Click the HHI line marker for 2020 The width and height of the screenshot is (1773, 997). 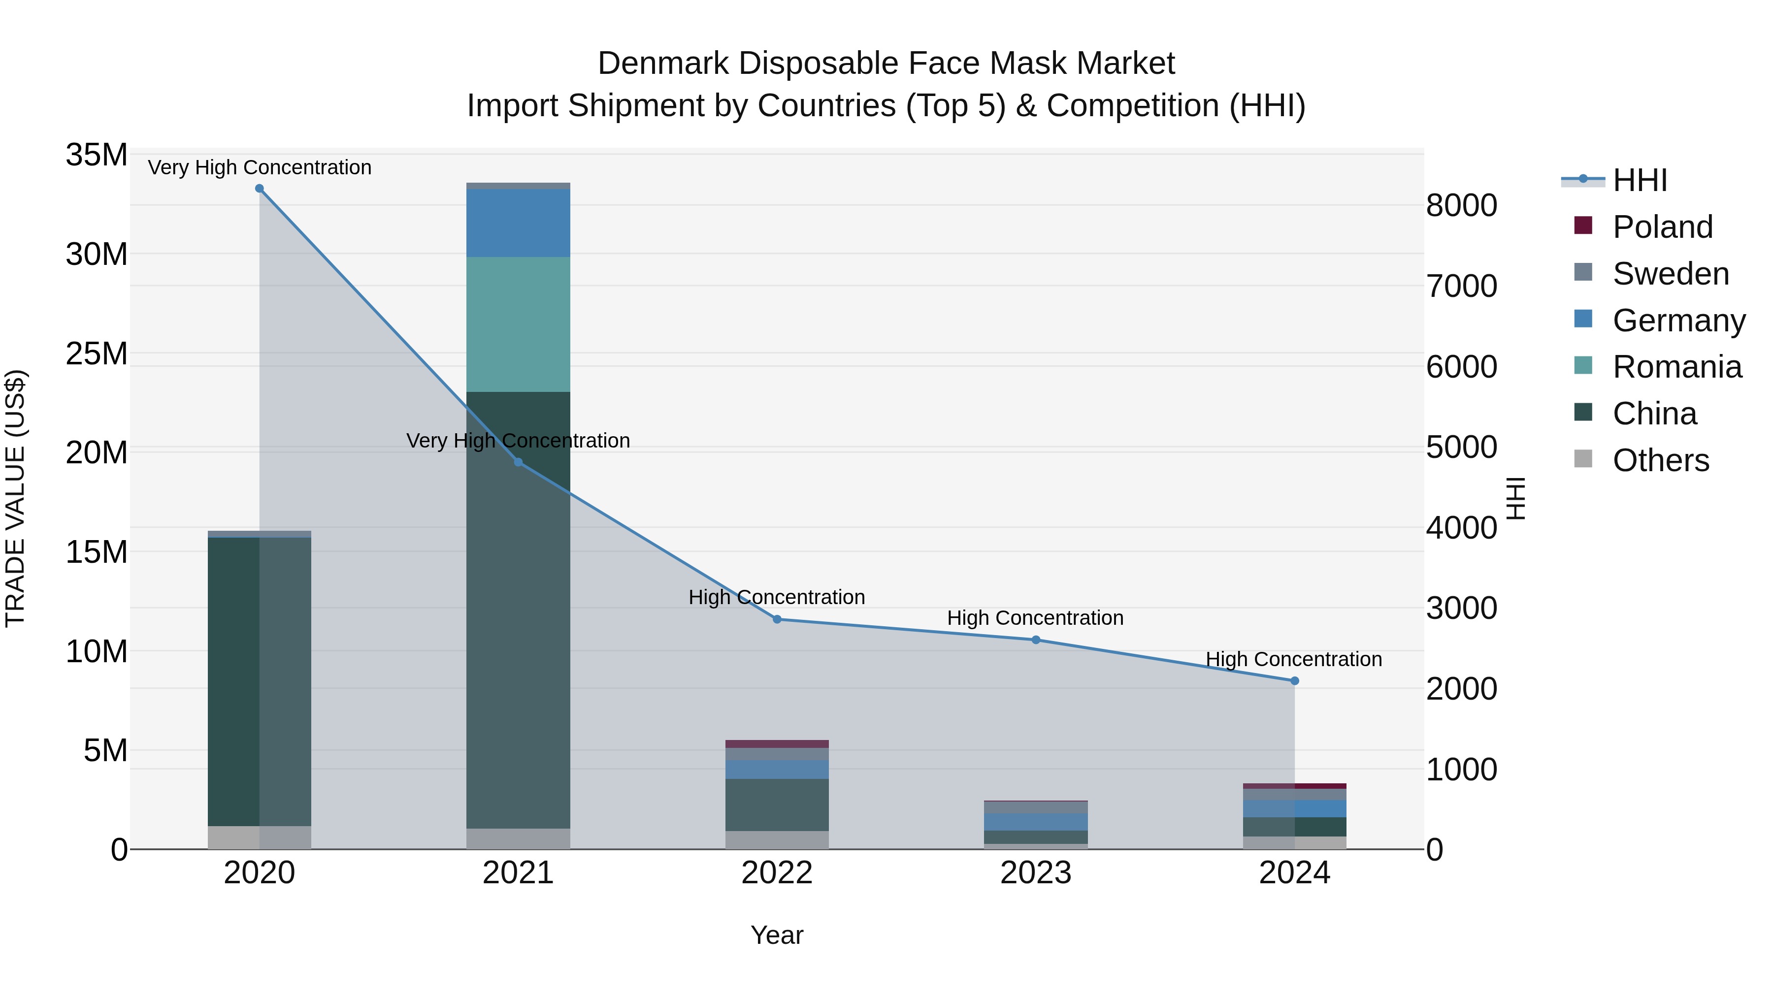(x=260, y=189)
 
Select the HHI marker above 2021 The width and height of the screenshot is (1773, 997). (x=518, y=462)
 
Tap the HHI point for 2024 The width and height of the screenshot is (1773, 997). (x=1295, y=681)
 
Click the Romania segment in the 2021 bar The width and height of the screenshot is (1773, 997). (x=518, y=325)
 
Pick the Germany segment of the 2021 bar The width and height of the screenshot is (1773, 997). (x=518, y=223)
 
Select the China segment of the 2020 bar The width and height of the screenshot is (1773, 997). (x=234, y=681)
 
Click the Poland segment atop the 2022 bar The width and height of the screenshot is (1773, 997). (x=777, y=744)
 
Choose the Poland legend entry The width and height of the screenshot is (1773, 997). (x=1662, y=227)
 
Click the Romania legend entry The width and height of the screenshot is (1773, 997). (x=1676, y=367)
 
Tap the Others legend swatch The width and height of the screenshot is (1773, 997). (x=1583, y=459)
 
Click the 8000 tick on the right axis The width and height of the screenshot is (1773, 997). (x=1461, y=206)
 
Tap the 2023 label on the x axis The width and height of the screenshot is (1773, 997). (x=1035, y=873)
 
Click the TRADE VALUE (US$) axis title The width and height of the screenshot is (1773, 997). (x=15, y=498)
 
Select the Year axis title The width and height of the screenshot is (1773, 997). (x=777, y=935)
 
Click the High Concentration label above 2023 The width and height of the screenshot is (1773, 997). (x=1035, y=618)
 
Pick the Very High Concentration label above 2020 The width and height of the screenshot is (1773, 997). (x=260, y=167)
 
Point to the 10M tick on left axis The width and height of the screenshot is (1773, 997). (x=97, y=651)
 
